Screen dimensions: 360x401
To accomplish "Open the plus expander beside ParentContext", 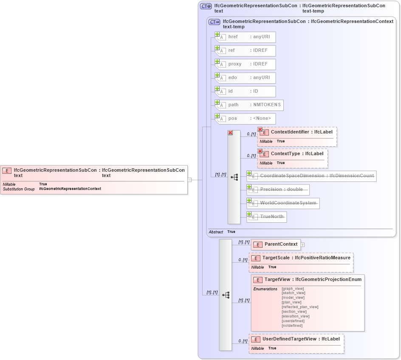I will [303, 244].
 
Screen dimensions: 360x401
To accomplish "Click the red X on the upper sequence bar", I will [230, 133].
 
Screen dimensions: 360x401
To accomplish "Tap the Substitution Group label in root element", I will [19, 189].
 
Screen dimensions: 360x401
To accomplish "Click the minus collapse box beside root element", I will [189, 180].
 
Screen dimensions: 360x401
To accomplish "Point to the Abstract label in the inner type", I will [216, 232].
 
